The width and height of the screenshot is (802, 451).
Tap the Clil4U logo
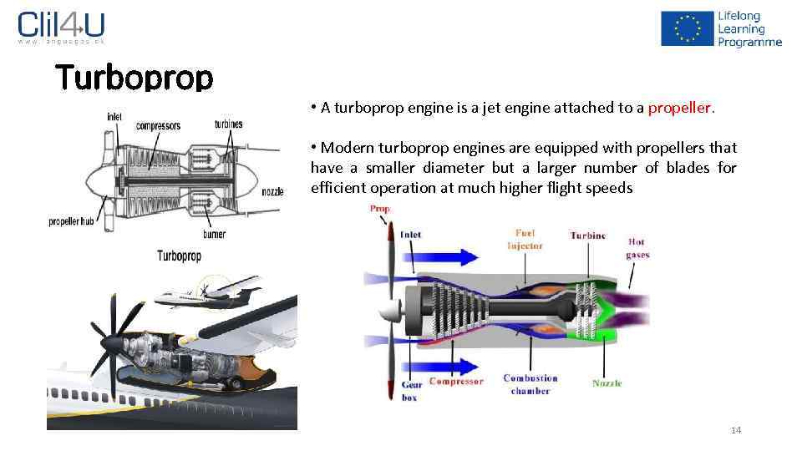61,27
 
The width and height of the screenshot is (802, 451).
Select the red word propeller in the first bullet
680,108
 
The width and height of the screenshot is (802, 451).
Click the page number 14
735,430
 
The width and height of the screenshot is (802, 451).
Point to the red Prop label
380,209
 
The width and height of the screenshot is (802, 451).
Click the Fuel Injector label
525,240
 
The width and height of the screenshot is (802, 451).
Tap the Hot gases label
637,248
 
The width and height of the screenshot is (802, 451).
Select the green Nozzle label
607,383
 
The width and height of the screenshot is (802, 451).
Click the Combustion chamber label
530,384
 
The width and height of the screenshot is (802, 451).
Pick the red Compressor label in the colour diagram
456,382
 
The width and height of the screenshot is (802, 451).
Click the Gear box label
411,391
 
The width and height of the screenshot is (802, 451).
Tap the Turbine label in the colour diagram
587,236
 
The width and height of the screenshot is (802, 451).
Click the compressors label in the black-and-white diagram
158,126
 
